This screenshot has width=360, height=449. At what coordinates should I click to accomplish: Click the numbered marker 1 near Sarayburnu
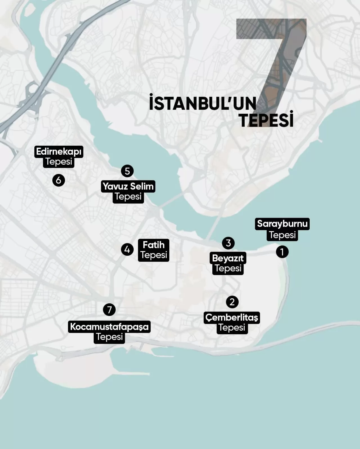click(282, 252)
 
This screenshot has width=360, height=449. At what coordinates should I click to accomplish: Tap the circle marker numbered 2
click(232, 302)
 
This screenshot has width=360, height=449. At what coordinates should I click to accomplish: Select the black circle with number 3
click(228, 243)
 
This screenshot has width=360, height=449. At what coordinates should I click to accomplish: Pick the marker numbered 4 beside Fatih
click(127, 249)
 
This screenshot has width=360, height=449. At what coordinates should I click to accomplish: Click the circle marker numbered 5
click(127, 171)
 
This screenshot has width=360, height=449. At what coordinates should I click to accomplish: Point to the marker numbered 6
click(58, 180)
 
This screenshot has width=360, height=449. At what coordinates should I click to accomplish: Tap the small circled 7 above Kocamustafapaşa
click(109, 310)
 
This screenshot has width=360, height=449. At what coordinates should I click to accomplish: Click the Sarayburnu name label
click(282, 224)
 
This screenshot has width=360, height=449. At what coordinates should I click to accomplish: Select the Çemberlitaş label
click(232, 318)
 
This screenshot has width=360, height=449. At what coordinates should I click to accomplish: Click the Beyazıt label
click(228, 258)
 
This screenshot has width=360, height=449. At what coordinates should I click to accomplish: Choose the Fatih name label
click(154, 245)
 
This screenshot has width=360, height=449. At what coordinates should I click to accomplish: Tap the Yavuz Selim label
click(128, 186)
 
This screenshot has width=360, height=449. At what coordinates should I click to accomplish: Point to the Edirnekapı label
click(59, 152)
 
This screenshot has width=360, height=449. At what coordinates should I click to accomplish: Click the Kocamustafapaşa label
click(109, 327)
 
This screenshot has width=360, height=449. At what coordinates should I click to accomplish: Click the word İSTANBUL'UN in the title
click(202, 103)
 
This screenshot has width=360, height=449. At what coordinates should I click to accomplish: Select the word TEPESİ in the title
click(266, 120)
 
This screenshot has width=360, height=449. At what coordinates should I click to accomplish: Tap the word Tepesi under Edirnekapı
click(59, 162)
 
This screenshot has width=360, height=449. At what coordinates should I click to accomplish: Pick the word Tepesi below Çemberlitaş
click(232, 328)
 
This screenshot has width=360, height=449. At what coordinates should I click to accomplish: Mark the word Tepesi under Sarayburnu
click(282, 235)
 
